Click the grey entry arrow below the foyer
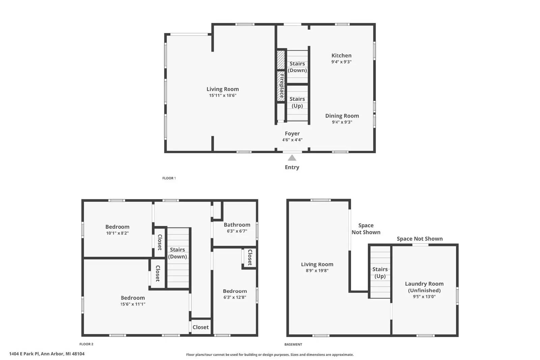(292, 158)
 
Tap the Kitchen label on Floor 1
(341, 55)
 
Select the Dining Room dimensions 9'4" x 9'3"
(342, 122)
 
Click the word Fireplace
(281, 86)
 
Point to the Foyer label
(292, 134)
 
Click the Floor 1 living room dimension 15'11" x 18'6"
(222, 95)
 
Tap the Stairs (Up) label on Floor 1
(297, 103)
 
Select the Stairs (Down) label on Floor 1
(297, 67)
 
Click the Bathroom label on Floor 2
(237, 225)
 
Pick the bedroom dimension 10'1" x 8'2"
(117, 233)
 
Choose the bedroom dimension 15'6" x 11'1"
(133, 304)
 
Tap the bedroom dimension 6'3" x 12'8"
(235, 297)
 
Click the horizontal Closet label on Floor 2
(200, 327)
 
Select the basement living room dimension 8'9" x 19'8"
(317, 271)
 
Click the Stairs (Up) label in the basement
(380, 273)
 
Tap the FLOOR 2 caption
(86, 344)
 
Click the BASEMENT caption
(293, 344)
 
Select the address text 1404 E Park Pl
(24, 354)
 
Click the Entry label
(292, 167)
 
